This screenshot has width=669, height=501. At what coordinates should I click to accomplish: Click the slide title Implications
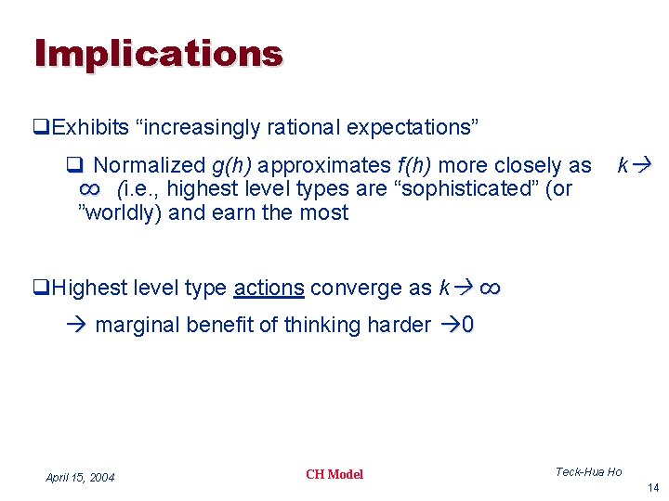158,54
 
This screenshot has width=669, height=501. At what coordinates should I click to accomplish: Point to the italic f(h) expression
414,166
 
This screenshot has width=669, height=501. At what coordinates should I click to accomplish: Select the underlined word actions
269,289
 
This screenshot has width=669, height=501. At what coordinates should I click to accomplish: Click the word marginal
138,326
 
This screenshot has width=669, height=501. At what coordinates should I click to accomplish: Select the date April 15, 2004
80,478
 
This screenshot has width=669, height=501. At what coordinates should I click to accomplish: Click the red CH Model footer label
334,475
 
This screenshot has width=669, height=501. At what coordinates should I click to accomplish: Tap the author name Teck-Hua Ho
588,472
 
